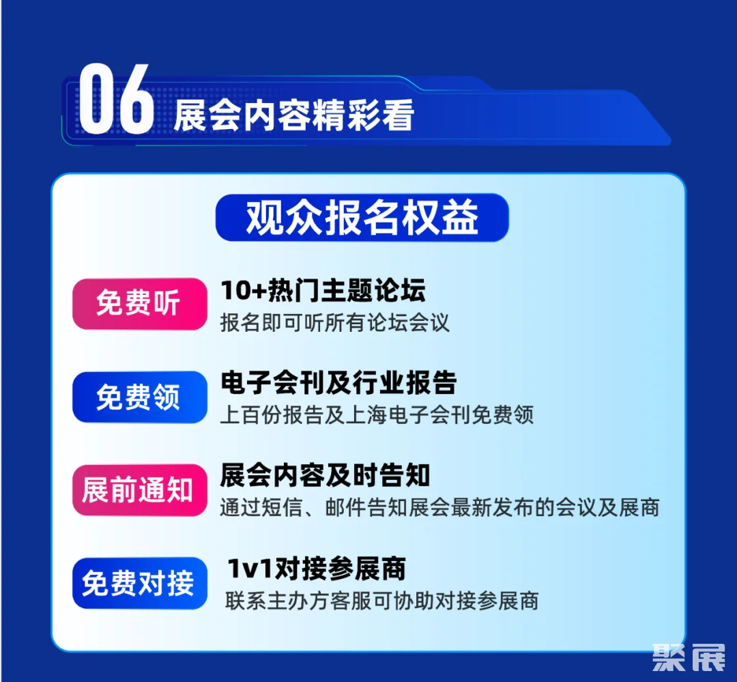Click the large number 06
point(116,100)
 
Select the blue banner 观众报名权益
point(362,218)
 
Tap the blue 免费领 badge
point(139,397)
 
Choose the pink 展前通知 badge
point(139,490)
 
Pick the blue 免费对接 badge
point(139,583)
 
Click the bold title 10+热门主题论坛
point(323,291)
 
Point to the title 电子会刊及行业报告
point(338,383)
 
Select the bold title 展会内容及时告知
point(325,476)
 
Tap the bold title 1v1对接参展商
point(317,569)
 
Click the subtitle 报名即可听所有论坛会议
point(335,322)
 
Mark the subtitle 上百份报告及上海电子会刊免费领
point(377,415)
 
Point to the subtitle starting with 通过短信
point(439,508)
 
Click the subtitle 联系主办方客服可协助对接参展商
point(382,601)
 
